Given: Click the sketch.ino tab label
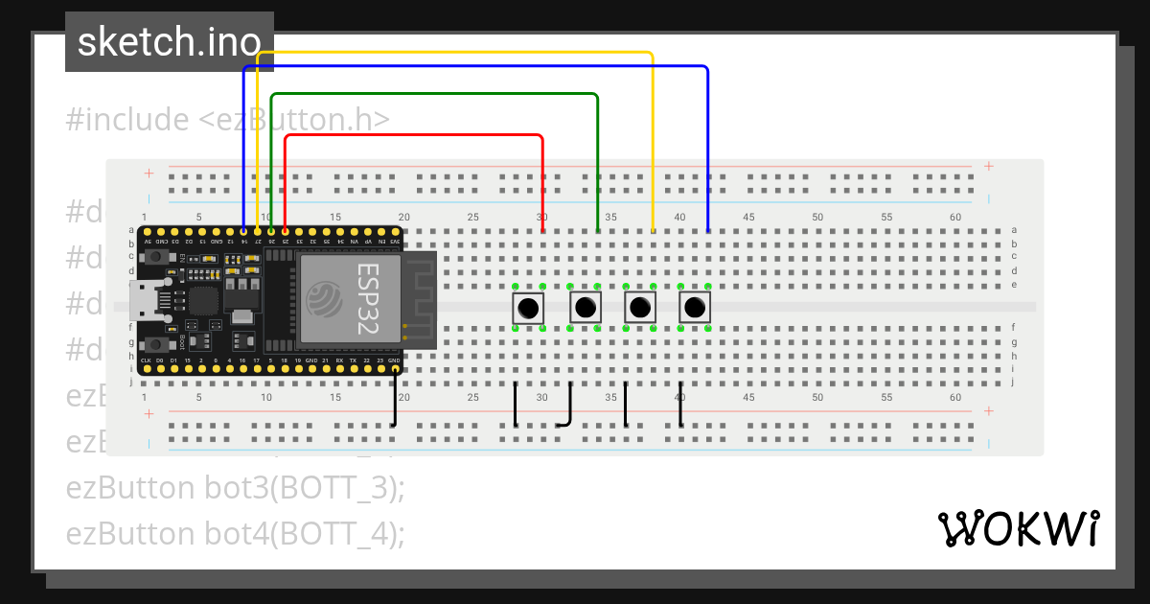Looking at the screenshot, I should point(169,42).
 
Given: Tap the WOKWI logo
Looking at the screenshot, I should point(1018,529).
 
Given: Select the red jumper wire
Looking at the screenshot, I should point(414,135).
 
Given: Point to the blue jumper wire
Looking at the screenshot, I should point(476,67).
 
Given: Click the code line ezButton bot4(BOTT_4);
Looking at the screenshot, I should point(235,533).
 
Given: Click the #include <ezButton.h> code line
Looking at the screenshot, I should point(227,120).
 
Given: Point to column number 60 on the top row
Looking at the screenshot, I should point(954,218).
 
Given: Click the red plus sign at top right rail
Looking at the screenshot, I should point(988,167).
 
